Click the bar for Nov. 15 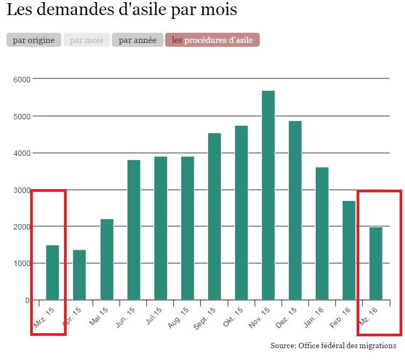[x=268, y=195]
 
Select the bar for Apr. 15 [x=80, y=275]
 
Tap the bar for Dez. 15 [x=295, y=210]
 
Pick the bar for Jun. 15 [x=133, y=230]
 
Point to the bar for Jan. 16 [x=322, y=233]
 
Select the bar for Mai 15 [x=106, y=260]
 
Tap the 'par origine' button [x=33, y=40]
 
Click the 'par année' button [x=137, y=40]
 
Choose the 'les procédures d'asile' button [x=212, y=40]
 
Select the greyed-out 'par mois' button [x=87, y=40]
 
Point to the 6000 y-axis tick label [x=21, y=79]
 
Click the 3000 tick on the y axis [x=21, y=190]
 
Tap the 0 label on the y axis [x=27, y=300]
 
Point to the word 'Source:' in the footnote [x=283, y=345]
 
